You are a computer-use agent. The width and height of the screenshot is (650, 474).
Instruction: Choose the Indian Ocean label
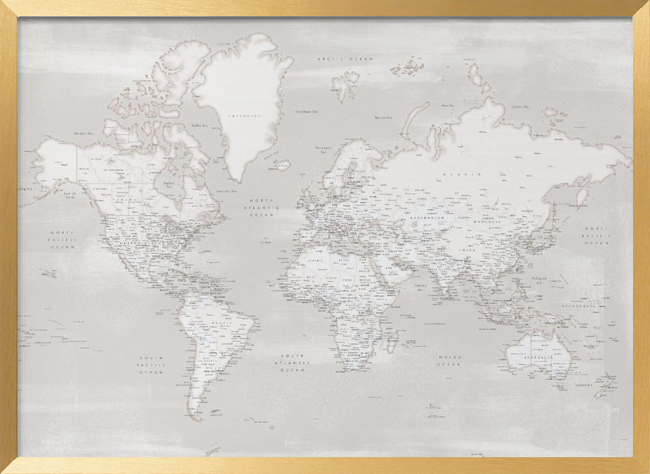[x=448, y=361]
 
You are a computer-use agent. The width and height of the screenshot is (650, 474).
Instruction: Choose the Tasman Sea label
[x=583, y=386]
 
